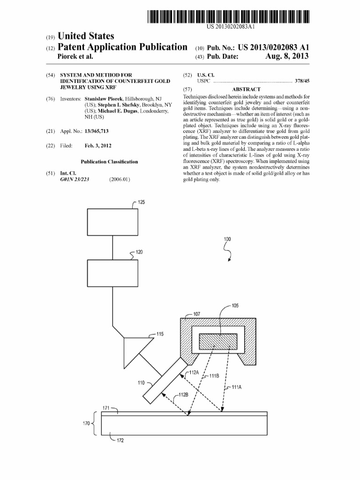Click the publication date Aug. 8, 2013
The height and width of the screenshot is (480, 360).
287,57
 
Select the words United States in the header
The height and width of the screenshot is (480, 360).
85,36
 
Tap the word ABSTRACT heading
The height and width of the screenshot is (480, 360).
246,89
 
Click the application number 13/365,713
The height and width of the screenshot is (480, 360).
93,132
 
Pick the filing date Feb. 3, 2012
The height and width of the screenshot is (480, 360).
98,146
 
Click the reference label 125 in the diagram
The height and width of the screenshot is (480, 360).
141,202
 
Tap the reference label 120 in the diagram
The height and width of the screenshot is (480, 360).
140,252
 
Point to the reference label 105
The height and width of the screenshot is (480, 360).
235,306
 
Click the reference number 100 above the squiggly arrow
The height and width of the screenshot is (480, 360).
227,239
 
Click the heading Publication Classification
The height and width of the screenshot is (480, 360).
109,162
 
